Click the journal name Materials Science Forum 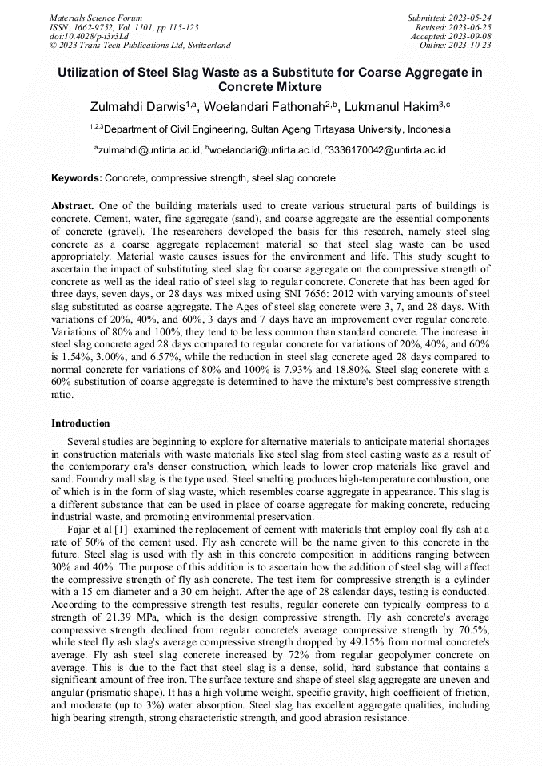(x=96, y=18)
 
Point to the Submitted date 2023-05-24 (x=450, y=18)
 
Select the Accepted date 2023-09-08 (x=452, y=37)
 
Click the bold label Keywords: (x=77, y=178)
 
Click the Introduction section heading (x=81, y=423)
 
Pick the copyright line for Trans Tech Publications (x=140, y=46)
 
